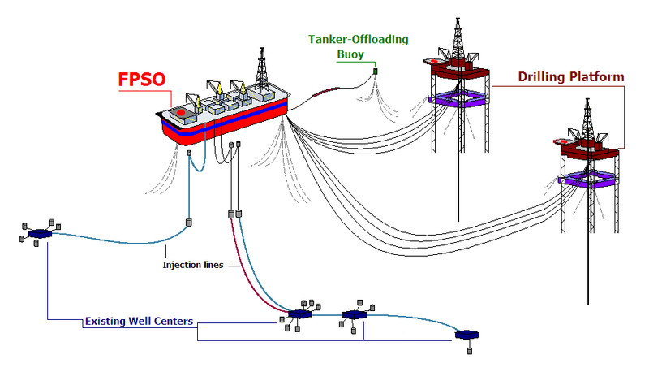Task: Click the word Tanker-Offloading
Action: [x=358, y=39]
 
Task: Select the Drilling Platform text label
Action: [x=571, y=77]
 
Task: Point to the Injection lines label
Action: [x=192, y=265]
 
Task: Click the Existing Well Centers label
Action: [x=139, y=322]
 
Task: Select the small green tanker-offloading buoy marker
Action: [x=376, y=72]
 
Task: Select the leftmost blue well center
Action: [x=39, y=234]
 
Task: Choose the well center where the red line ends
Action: [x=299, y=314]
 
